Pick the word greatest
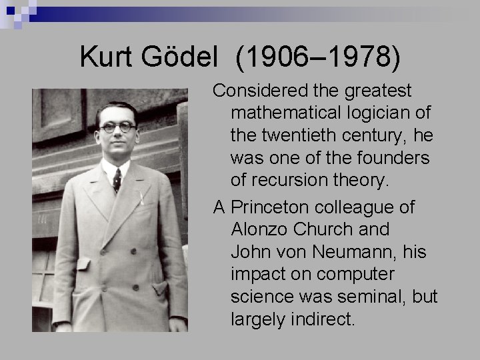[x=381, y=90]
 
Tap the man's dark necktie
[x=117, y=179]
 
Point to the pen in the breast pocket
[x=141, y=197]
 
